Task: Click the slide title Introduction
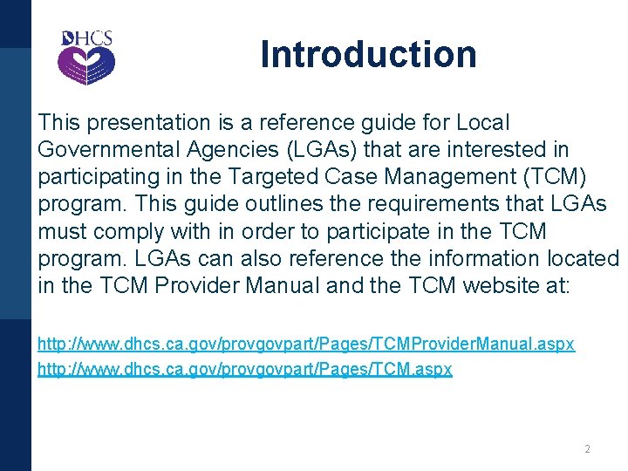(368, 54)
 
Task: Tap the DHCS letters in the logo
(87, 39)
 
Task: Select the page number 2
(587, 449)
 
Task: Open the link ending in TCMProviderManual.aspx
(305, 345)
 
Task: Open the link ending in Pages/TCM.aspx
(244, 369)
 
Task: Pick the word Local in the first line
(482, 123)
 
